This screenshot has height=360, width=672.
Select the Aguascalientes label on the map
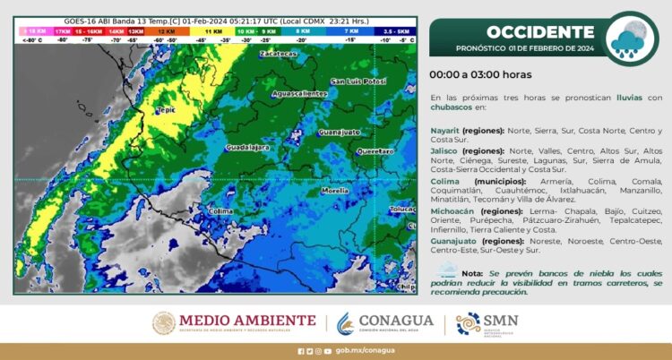coord(298,93)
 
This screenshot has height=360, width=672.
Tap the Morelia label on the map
coord(334,191)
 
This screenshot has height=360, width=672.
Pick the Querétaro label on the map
coord(375,151)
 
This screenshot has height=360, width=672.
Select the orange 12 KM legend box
coord(166,30)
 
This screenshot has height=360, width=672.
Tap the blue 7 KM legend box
coord(350,30)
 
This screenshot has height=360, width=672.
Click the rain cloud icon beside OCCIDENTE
coord(633,38)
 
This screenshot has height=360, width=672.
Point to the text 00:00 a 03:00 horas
coord(480,75)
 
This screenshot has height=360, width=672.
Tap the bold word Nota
coord(473,273)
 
